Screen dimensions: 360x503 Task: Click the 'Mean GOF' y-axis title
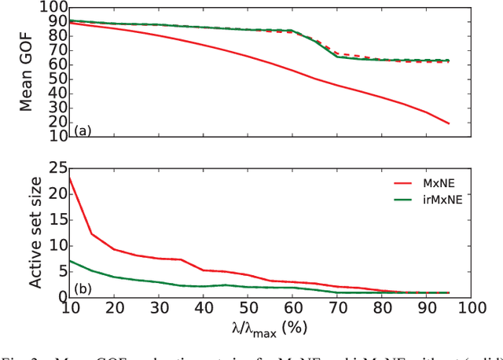(25, 70)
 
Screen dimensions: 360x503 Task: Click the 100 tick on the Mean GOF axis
(52, 7)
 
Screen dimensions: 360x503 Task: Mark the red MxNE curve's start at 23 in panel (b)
(70, 178)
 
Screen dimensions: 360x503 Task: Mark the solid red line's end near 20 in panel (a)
(449, 123)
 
